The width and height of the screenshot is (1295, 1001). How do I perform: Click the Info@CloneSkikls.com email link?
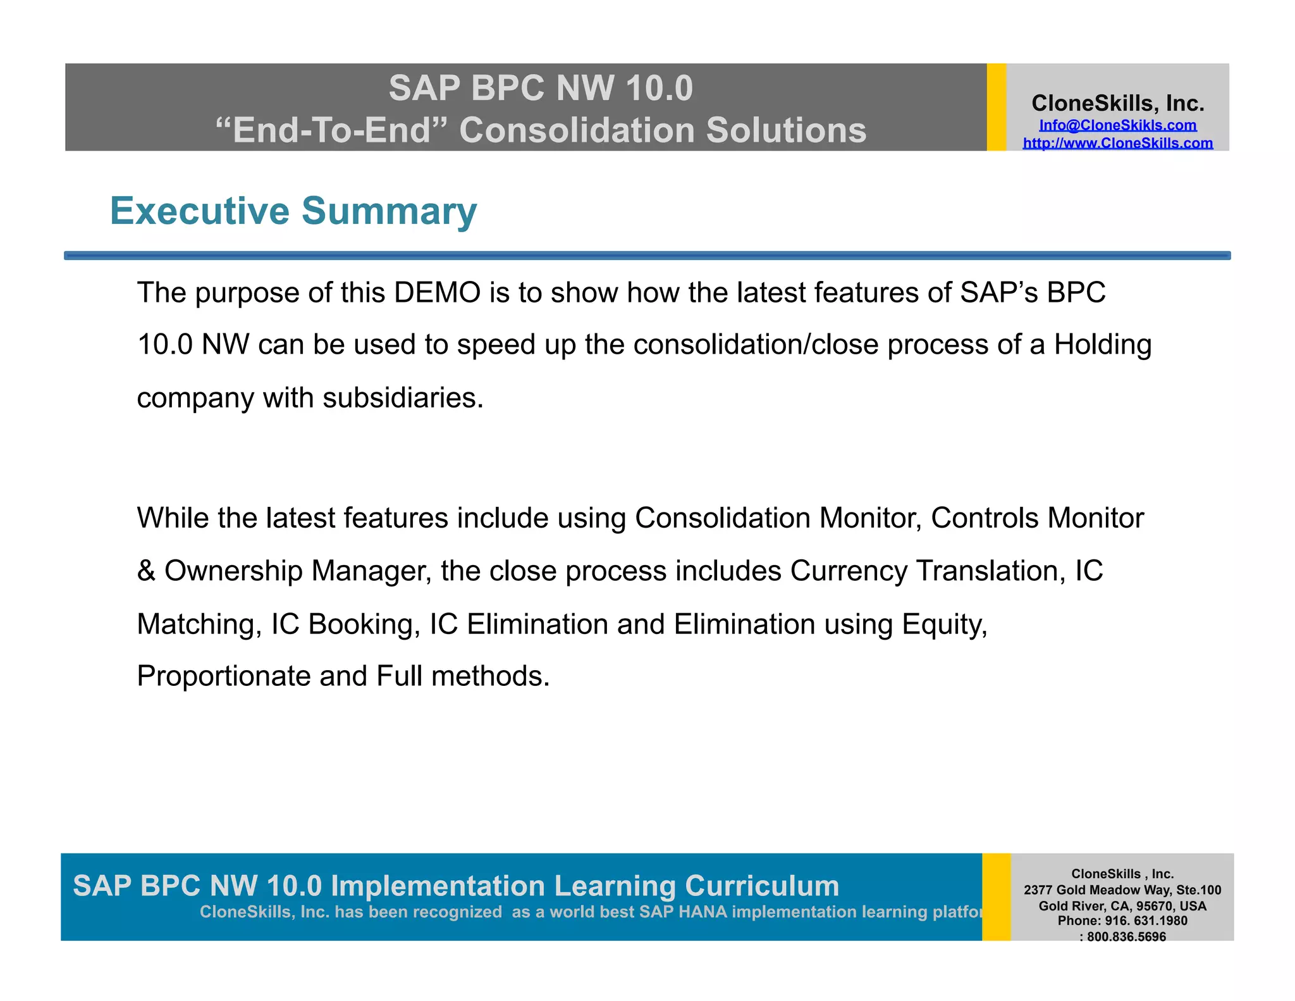tap(1117, 125)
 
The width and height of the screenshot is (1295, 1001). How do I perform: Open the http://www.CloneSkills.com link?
tap(1117, 143)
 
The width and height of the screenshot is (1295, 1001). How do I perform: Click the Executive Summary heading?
tap(293, 211)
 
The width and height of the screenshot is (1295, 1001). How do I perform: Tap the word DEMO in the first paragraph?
tap(437, 293)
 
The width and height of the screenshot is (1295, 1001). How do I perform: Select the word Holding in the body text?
tap(1102, 345)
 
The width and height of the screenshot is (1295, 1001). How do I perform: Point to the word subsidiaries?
tap(402, 398)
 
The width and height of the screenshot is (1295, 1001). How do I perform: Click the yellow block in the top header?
tap(996, 107)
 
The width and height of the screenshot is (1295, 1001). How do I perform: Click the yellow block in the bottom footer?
tap(996, 897)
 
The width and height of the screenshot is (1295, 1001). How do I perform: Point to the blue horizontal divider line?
tap(647, 256)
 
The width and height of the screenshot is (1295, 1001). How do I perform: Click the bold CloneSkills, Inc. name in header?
tap(1117, 103)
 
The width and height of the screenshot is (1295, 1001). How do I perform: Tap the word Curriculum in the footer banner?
tap(761, 885)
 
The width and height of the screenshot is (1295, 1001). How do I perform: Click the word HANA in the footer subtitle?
tap(703, 912)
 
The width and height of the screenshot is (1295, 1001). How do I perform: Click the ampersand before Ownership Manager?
tap(146, 571)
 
